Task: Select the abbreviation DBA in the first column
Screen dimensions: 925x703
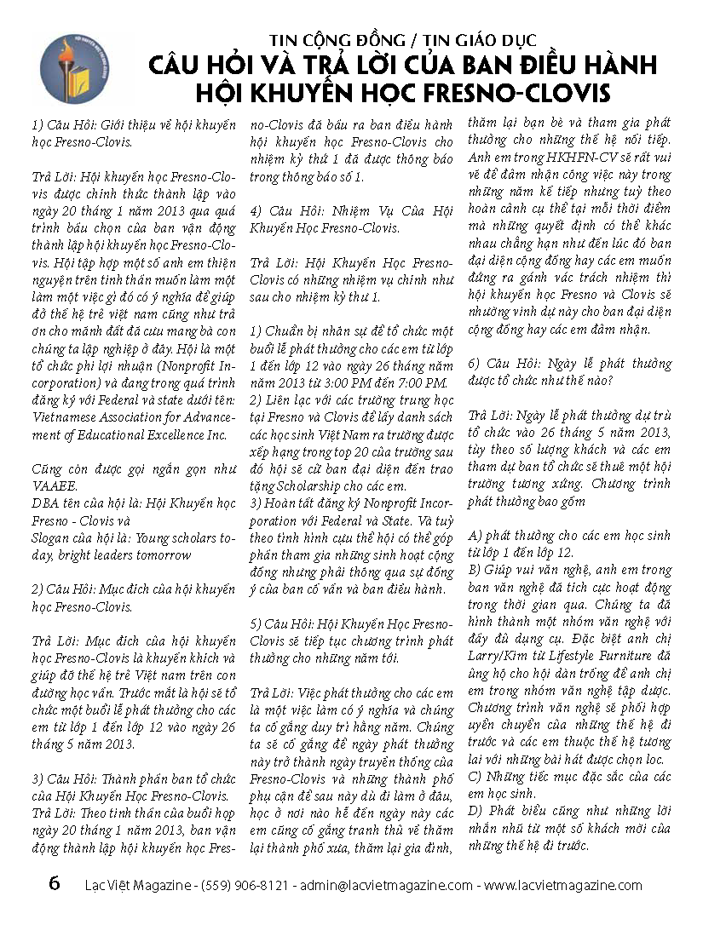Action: [44, 503]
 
